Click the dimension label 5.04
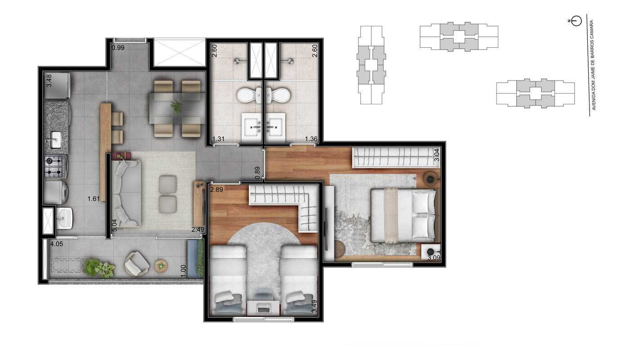coord(114,225)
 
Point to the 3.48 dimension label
coord(49,80)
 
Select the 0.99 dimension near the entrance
coord(118,47)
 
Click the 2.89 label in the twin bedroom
coord(217,189)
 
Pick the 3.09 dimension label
coord(434,258)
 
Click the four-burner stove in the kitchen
coord(55,166)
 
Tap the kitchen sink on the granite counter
coord(56,139)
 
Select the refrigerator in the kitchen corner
coord(58,86)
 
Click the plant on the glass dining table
coord(177,107)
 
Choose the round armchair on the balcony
coord(137,264)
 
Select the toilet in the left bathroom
coord(246,95)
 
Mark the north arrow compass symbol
coord(576,21)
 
